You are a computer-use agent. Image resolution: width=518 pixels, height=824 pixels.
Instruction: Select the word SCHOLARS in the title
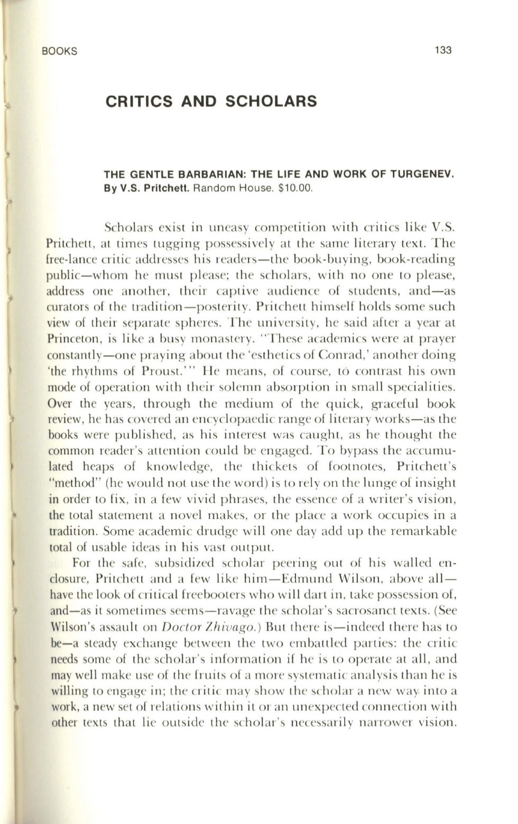(x=271, y=101)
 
